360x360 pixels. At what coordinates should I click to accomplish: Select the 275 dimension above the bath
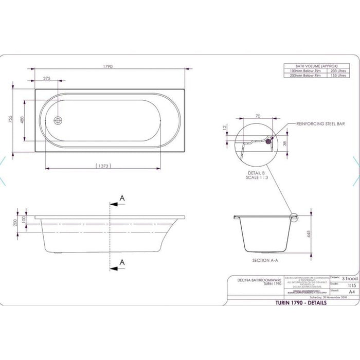47,78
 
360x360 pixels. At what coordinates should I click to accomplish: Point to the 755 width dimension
10,120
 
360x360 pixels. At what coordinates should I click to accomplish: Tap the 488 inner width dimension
22,119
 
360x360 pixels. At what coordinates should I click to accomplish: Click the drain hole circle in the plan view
58,120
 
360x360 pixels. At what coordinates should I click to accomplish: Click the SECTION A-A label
265,261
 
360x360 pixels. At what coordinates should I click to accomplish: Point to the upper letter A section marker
122,197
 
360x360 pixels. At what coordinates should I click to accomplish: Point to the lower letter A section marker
122,262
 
